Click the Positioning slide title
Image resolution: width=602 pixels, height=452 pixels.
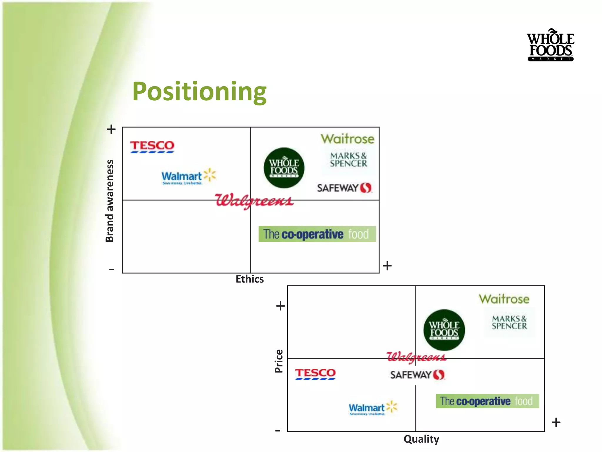coord(199,91)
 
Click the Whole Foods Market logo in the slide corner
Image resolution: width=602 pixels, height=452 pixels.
coord(550,45)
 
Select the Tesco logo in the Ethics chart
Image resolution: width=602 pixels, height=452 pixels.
coord(152,147)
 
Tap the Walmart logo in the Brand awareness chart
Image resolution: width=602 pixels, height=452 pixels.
coord(188,177)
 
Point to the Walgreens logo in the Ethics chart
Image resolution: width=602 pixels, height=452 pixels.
coord(254,201)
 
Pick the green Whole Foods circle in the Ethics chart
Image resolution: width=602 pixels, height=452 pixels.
coord(284,168)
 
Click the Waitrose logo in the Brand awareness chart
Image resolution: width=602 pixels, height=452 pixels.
coord(347,139)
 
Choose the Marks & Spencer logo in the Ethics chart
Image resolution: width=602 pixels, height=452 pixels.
coord(348,159)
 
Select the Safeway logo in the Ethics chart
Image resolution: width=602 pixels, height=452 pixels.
coord(344,188)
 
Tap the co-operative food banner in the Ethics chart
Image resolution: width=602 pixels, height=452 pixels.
coord(317,234)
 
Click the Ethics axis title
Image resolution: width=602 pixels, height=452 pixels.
coord(250,279)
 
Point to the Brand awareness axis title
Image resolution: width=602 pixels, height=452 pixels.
coord(109,201)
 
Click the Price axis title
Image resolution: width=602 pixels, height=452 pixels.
coord(279,361)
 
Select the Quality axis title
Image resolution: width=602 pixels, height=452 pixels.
coord(421,439)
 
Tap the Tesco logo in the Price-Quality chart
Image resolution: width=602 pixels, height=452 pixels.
coord(315,374)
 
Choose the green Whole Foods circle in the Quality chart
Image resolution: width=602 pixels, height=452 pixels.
coord(444,330)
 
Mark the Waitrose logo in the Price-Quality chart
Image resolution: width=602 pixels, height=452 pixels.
coord(504,299)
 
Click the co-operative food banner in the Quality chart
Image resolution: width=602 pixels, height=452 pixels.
coord(487,401)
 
